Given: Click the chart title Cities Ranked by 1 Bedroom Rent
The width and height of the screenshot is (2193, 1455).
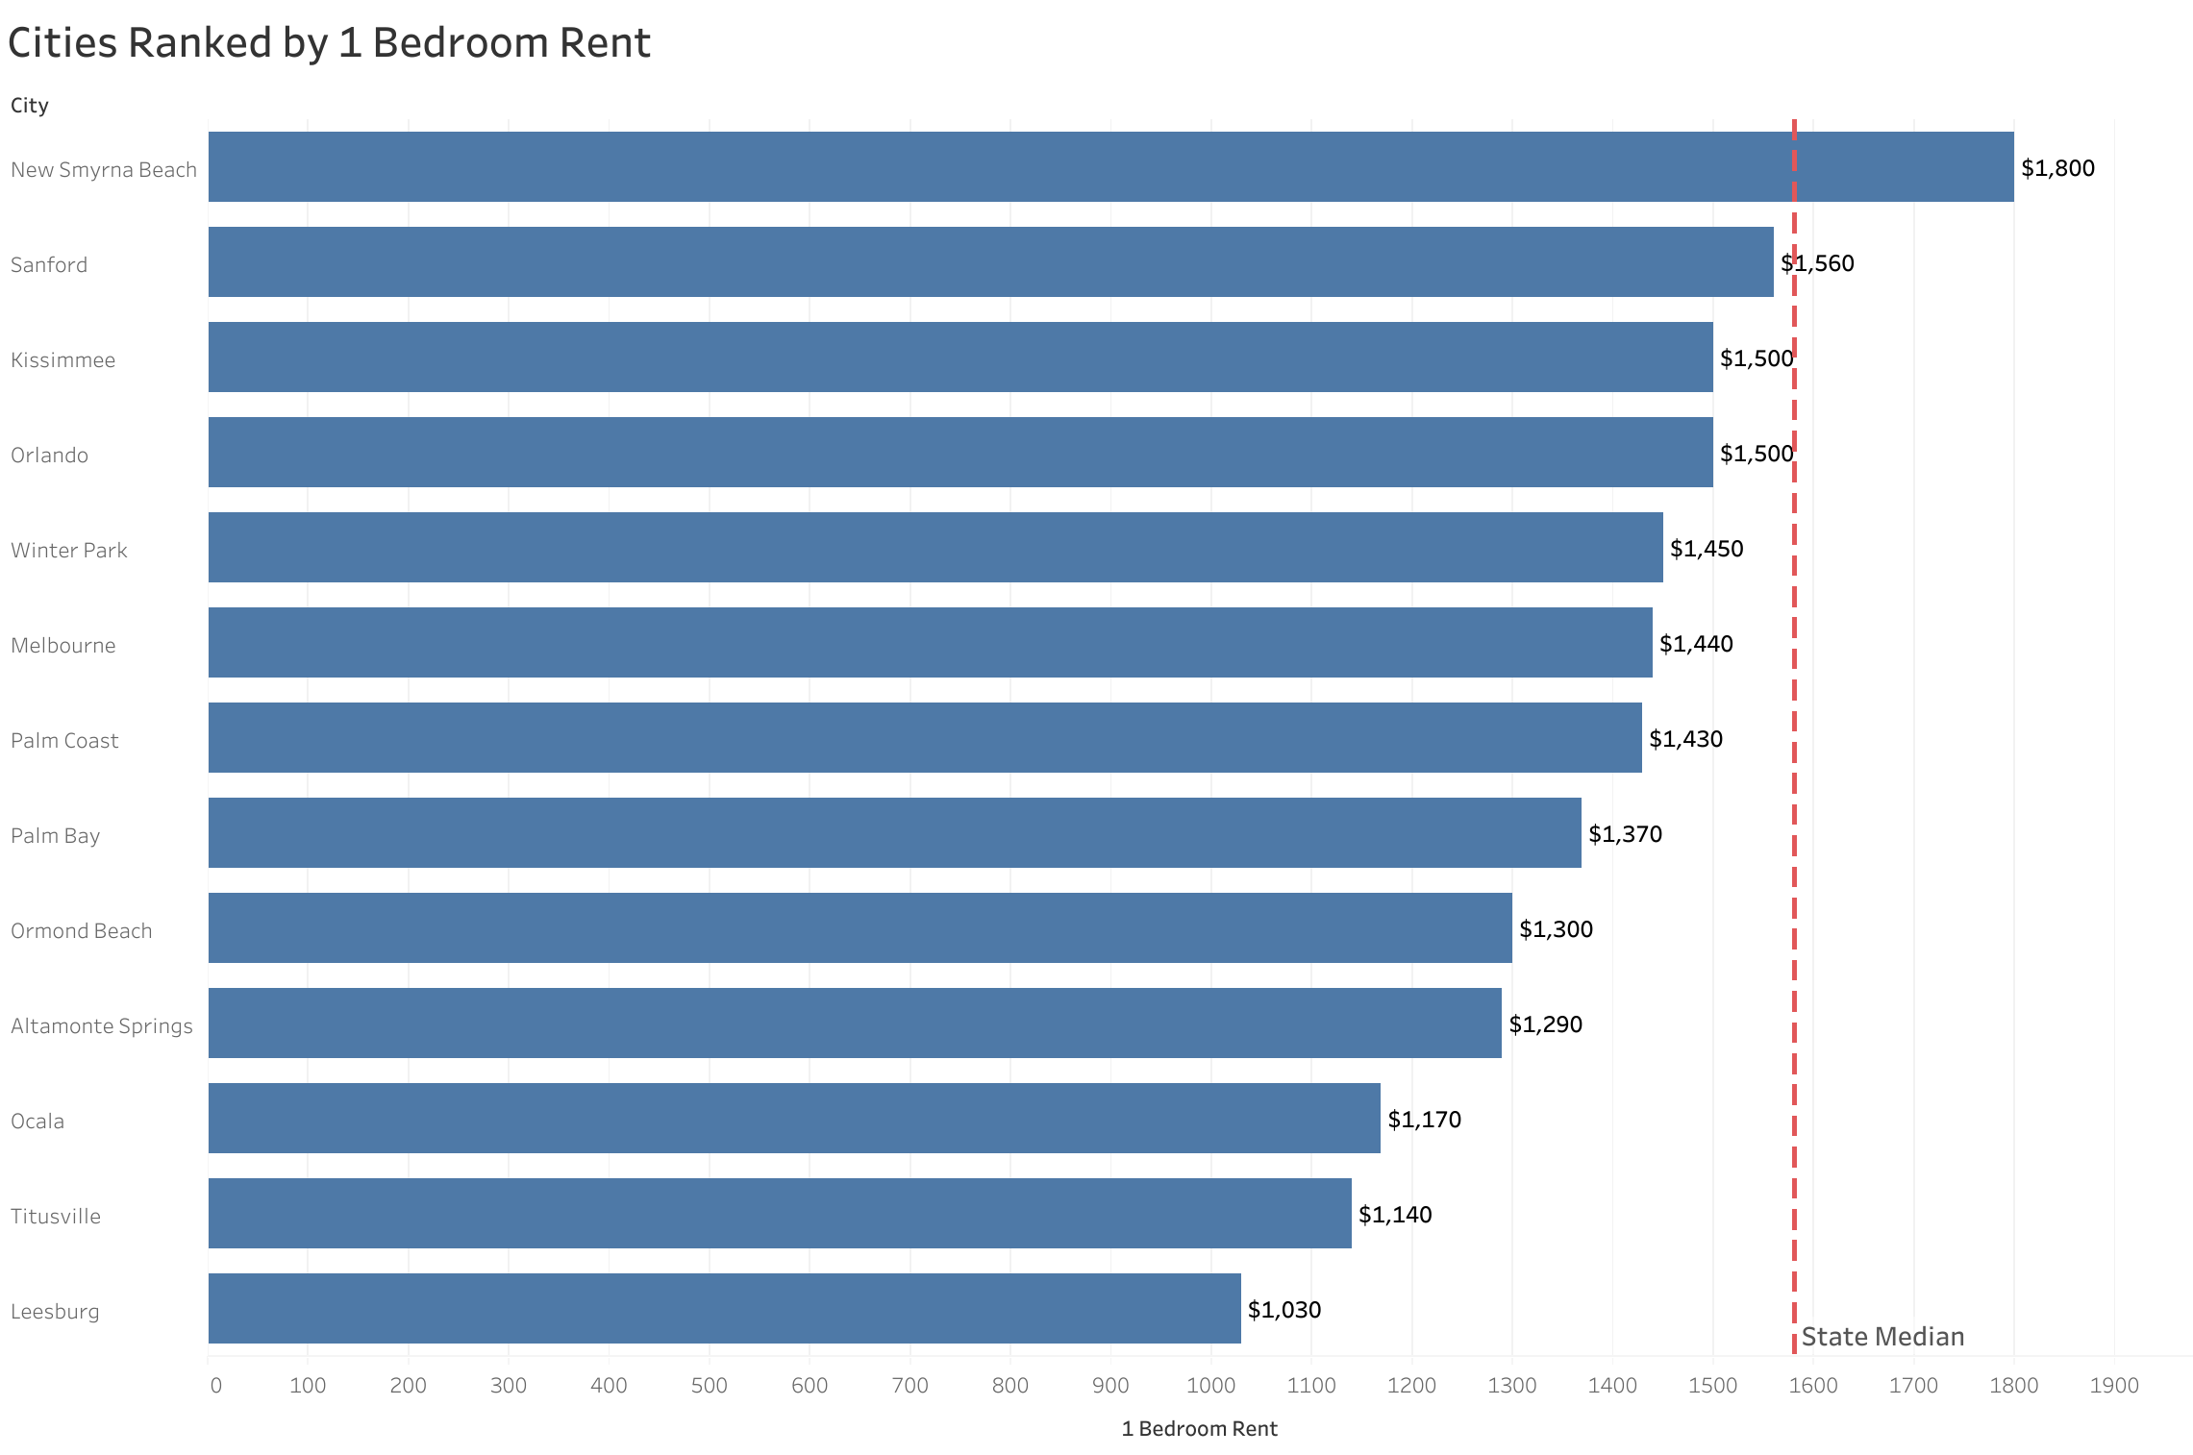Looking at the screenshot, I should tap(329, 43).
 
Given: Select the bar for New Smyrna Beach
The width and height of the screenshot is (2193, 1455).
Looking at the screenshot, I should tap(1110, 167).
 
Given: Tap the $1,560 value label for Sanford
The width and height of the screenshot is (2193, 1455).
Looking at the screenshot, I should tap(1817, 263).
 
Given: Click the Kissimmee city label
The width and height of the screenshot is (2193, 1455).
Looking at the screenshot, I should tap(62, 360).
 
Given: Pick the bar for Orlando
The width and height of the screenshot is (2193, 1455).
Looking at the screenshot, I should tap(959, 453).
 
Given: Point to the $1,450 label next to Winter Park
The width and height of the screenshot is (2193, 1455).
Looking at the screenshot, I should tap(1707, 549).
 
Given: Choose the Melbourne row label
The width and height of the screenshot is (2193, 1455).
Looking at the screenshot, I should tap(62, 646).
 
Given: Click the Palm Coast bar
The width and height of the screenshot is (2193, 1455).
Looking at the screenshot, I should tap(925, 738).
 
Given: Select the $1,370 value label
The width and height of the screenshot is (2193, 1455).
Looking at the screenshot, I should tap(1625, 834).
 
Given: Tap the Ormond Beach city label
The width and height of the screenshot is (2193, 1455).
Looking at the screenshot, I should tap(81, 931).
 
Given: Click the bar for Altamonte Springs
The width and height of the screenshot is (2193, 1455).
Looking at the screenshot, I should tap(855, 1023).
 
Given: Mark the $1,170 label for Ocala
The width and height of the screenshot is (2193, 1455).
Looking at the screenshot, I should tap(1424, 1120).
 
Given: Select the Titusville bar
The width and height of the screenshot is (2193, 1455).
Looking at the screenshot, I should tap(780, 1214).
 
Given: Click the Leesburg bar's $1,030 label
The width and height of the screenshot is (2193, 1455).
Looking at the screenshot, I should tap(1284, 1310).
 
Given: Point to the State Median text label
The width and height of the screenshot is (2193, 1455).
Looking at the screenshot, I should tap(1882, 1337).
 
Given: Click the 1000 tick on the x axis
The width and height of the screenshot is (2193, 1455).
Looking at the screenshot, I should tap(1210, 1386).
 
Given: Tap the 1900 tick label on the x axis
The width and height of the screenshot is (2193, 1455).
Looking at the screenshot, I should tap(2114, 1386).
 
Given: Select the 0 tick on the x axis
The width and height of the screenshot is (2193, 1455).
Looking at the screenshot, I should tap(215, 1386).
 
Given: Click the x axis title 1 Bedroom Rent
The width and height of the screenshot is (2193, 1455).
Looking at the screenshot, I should tap(1199, 1429).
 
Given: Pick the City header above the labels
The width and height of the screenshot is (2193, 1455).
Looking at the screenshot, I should tap(30, 106).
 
